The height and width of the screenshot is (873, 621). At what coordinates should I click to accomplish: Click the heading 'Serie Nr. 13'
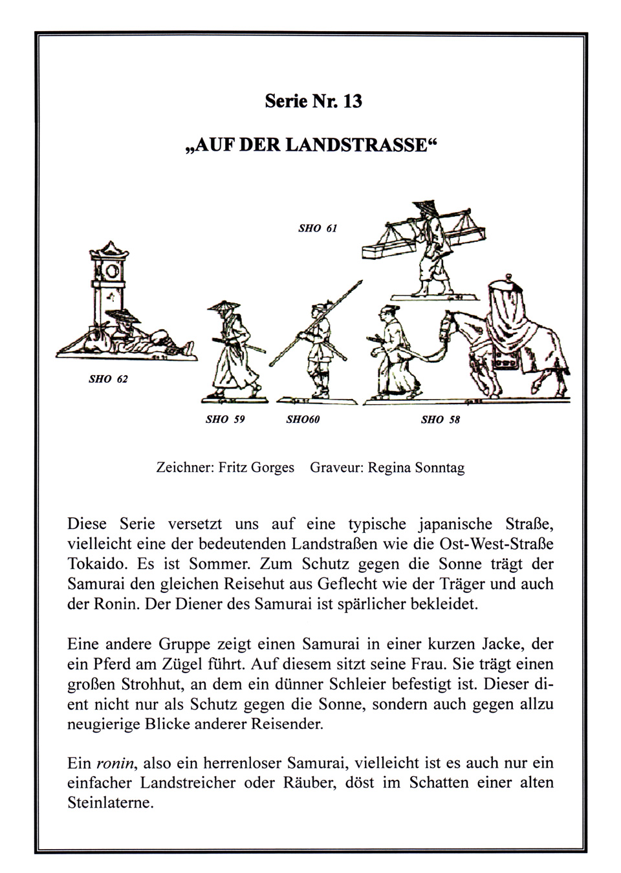click(314, 102)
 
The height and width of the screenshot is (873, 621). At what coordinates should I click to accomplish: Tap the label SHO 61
click(318, 228)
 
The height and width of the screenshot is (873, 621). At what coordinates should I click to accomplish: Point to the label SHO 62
click(108, 379)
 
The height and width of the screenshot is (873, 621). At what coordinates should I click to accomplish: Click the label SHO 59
click(225, 419)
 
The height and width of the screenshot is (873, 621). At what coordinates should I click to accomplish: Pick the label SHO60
click(303, 419)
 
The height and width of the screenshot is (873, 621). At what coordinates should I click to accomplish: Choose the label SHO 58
click(440, 419)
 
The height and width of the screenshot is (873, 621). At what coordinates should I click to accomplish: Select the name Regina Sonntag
click(416, 467)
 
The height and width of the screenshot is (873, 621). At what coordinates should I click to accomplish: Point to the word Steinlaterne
click(110, 804)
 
